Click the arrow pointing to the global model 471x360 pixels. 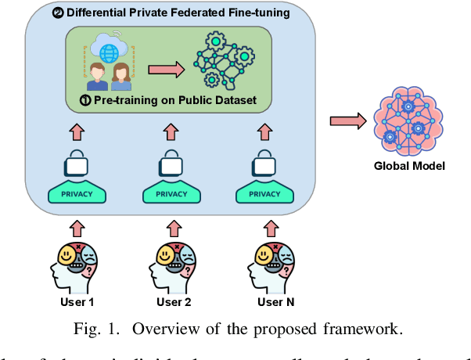point(347,121)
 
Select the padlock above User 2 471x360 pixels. point(170,163)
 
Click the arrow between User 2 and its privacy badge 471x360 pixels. point(170,228)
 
